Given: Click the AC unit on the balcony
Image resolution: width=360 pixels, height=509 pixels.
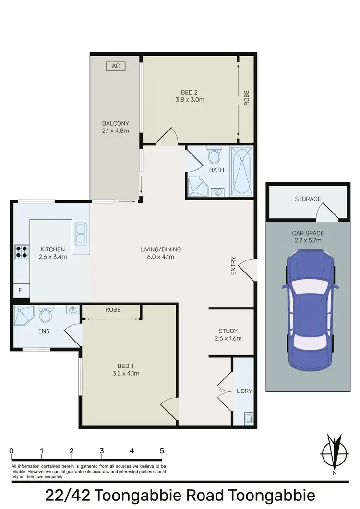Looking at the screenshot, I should click(x=116, y=66).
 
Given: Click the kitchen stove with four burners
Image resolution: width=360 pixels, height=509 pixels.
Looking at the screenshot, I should click(x=22, y=251).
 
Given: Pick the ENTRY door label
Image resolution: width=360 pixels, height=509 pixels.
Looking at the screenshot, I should click(x=234, y=267).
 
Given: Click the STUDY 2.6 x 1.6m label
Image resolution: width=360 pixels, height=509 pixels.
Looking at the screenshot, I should click(x=228, y=334).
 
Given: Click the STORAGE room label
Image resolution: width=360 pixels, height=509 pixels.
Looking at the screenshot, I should click(x=308, y=199).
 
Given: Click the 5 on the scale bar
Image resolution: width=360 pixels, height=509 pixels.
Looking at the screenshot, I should click(x=162, y=451).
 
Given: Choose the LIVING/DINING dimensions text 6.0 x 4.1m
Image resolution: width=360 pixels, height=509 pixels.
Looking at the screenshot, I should click(x=160, y=257).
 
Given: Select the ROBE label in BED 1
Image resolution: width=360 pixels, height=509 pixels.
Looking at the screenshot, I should click(x=113, y=310).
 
